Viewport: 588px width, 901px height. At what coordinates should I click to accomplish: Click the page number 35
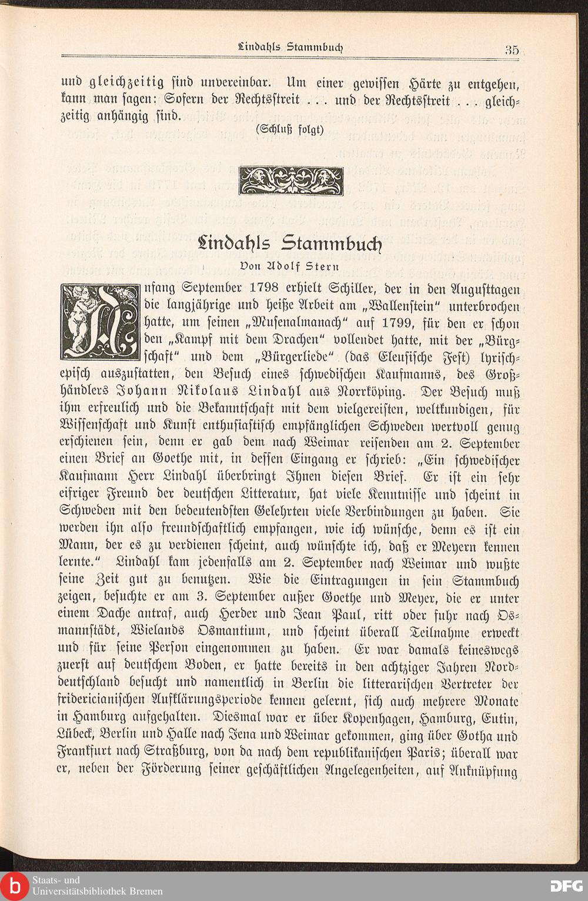click(x=511, y=49)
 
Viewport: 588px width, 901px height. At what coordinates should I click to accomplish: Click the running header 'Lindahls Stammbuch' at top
click(x=291, y=46)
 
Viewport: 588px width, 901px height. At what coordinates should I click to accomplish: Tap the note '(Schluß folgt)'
click(x=290, y=129)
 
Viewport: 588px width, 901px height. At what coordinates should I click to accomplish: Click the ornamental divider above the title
click(x=290, y=181)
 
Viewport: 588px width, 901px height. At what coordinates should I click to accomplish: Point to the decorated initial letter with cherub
click(x=99, y=322)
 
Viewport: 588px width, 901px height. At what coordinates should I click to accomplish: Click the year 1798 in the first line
click(x=269, y=289)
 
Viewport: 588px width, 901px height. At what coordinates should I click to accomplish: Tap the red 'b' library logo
click(x=14, y=886)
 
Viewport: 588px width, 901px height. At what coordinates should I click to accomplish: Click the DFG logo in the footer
click(x=566, y=886)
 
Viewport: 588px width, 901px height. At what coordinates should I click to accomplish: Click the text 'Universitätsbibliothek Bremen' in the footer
click(x=98, y=891)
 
